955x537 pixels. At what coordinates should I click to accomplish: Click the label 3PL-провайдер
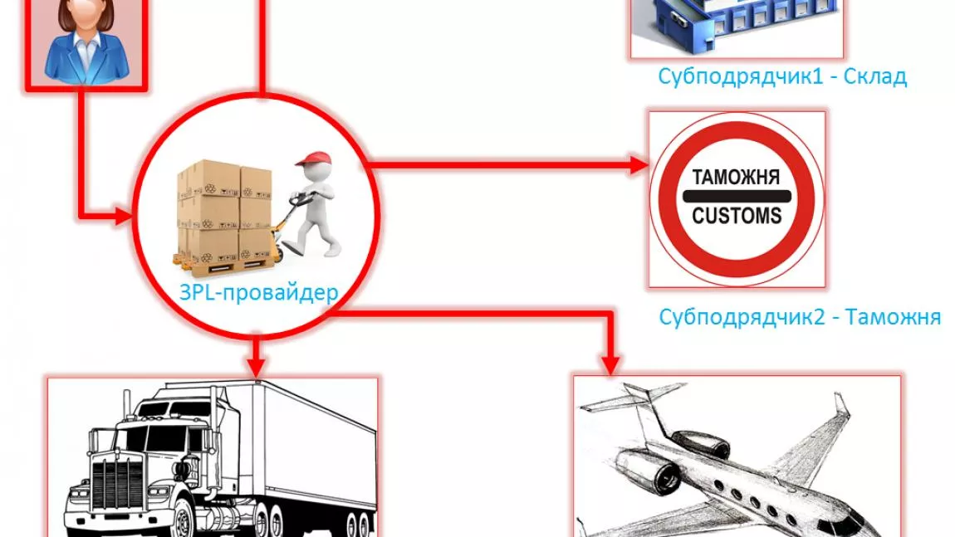[259, 293]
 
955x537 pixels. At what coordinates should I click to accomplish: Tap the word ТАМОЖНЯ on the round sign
[736, 177]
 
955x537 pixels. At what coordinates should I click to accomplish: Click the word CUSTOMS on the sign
[737, 216]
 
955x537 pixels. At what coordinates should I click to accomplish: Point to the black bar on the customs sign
[737, 196]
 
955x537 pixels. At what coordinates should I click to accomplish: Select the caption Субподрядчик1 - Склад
[782, 76]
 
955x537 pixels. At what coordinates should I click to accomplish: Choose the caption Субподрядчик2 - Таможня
[800, 317]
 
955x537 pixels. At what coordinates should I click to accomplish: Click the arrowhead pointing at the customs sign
[639, 164]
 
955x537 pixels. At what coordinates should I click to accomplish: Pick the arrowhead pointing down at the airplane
[610, 364]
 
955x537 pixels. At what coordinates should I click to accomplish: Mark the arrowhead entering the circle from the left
[123, 216]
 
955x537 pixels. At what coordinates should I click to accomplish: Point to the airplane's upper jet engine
[700, 444]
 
